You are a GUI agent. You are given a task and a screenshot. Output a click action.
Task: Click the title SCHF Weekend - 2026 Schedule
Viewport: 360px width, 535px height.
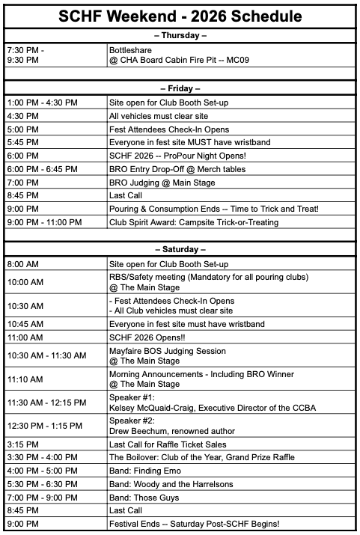tap(180, 16)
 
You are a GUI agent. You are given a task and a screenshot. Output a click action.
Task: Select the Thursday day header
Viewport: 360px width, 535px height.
tap(180, 35)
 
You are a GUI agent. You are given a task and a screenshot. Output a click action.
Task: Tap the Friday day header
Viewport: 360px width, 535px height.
tap(180, 88)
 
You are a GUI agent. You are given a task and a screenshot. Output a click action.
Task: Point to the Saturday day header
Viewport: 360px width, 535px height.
tap(180, 248)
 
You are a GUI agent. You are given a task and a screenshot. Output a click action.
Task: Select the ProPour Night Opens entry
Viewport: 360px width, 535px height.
tap(173, 156)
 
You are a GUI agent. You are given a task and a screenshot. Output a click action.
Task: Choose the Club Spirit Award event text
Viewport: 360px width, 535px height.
tap(193, 221)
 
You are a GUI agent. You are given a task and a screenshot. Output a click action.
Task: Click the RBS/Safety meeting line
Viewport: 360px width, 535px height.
tap(209, 277)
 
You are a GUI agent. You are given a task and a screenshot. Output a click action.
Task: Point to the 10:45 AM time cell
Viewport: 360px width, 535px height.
tap(25, 324)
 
